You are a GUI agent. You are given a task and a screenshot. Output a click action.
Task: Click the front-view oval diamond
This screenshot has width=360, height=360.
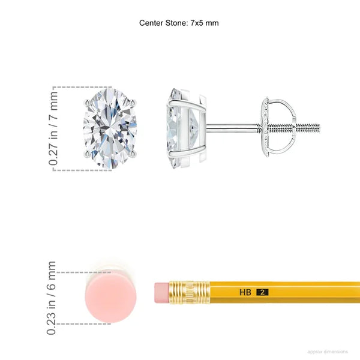point(110,128)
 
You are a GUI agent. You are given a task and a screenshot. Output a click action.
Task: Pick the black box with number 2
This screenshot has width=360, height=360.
point(262,292)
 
